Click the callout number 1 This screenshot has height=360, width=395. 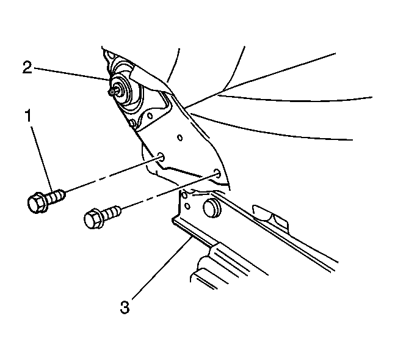[x=29, y=116]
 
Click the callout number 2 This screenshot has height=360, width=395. [x=27, y=67]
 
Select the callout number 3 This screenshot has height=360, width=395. [x=125, y=307]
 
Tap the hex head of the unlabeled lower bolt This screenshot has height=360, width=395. [x=93, y=219]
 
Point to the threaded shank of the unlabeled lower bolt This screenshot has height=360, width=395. [x=112, y=212]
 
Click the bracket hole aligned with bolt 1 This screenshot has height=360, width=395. [x=161, y=157]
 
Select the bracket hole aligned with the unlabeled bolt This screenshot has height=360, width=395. [x=217, y=173]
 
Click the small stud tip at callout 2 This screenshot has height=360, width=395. [x=111, y=92]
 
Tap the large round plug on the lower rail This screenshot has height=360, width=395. [x=212, y=208]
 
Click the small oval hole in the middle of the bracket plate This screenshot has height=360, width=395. [x=180, y=138]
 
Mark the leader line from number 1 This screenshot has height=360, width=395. [x=42, y=158]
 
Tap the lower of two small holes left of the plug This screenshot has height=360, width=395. [x=187, y=206]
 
